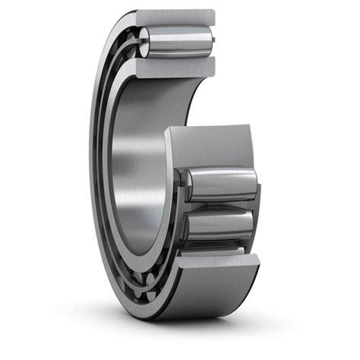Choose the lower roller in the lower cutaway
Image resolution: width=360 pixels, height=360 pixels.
pos(220,225)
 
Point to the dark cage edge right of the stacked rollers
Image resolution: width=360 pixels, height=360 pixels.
pos(257,205)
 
